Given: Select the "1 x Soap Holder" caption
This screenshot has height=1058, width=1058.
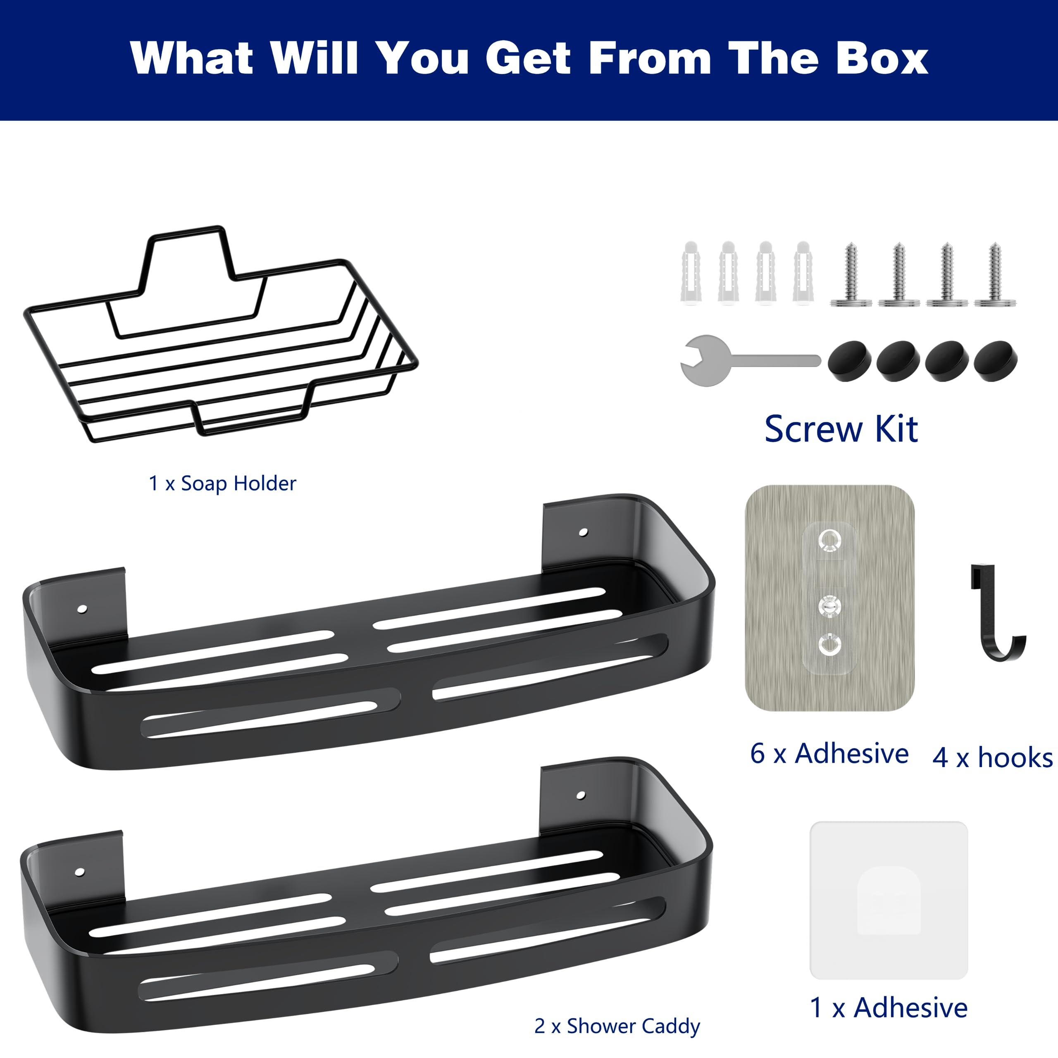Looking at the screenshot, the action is click(x=222, y=484).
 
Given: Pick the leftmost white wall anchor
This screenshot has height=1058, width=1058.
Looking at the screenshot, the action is click(x=691, y=272).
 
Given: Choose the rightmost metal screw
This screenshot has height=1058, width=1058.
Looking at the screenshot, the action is click(x=995, y=274).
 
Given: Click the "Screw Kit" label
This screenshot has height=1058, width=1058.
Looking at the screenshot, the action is click(x=841, y=429).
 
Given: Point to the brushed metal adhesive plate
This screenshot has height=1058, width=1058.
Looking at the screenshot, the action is click(x=829, y=598).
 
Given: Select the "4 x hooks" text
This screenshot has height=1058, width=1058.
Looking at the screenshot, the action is click(x=992, y=758).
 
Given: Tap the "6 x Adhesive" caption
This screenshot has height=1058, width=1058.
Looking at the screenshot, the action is click(x=829, y=754).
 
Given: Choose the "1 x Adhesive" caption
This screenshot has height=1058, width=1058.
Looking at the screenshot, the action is click(x=889, y=1008).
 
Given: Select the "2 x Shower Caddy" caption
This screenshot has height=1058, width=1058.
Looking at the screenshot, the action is click(x=617, y=1026).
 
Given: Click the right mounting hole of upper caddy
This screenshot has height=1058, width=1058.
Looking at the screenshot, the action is click(x=583, y=532).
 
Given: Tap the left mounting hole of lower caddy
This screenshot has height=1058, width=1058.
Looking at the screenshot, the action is click(x=79, y=872).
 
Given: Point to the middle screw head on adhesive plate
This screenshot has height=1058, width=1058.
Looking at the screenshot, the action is click(x=829, y=606).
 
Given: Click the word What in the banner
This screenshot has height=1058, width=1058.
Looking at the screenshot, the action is click(x=192, y=57).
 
